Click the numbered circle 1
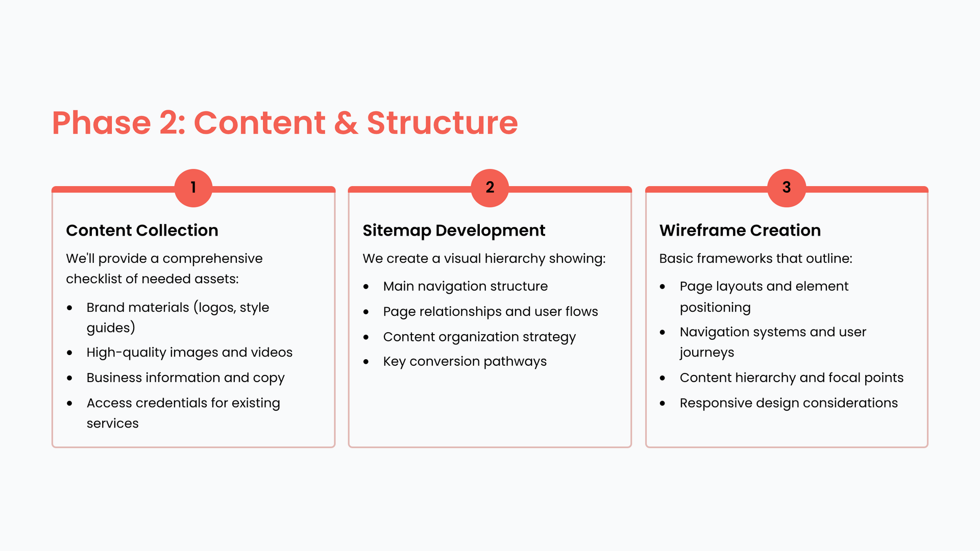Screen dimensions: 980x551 [x=193, y=188]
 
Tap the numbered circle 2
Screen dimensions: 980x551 [x=490, y=188]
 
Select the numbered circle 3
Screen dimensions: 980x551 [x=787, y=188]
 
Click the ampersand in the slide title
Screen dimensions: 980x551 [x=346, y=123]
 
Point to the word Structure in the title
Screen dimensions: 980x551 [x=443, y=123]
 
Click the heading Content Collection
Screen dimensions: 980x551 [x=142, y=230]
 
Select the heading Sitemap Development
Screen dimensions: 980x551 [x=454, y=231]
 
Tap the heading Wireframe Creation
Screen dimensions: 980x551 [x=740, y=230]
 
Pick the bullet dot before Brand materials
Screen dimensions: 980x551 [x=70, y=308]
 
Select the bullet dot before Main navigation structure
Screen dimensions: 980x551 [x=366, y=287]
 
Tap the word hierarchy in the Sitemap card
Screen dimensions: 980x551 [x=514, y=259]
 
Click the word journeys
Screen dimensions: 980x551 [x=707, y=353]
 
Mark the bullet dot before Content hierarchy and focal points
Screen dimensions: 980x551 [x=663, y=378]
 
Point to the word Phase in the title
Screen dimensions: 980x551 [x=102, y=123]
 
